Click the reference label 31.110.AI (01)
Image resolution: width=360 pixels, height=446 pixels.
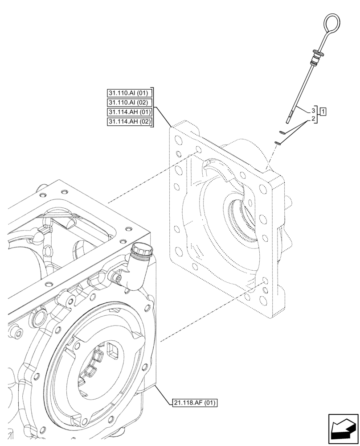point(130,93)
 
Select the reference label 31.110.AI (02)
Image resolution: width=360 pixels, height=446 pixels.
point(130,103)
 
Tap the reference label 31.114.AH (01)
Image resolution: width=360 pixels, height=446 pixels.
point(130,112)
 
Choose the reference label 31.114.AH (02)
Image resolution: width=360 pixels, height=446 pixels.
point(130,122)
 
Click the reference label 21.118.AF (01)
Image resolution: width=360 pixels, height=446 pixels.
point(194,403)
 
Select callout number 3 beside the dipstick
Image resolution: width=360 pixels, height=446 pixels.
point(313,110)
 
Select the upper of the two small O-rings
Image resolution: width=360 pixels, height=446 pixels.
point(282,132)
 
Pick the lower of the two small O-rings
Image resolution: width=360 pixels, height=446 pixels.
point(277,142)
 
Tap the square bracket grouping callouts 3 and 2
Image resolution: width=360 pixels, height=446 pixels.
point(318,114)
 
